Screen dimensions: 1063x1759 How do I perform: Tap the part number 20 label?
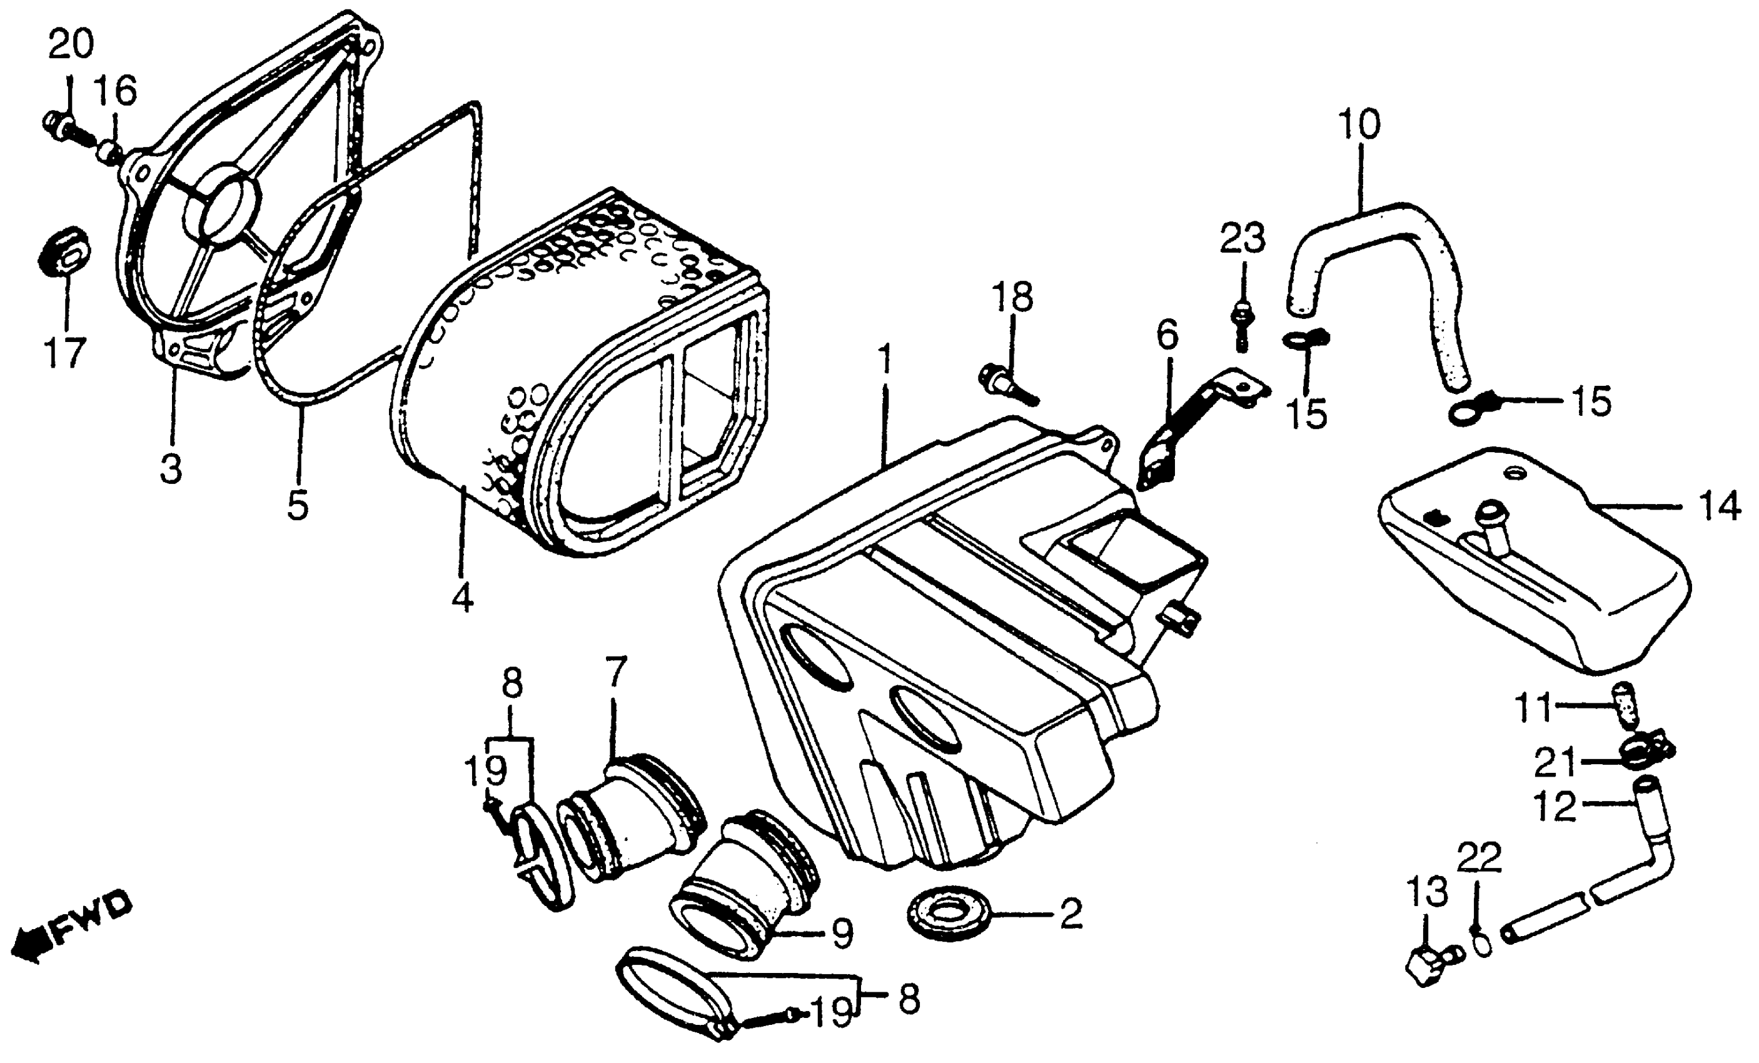coord(71,44)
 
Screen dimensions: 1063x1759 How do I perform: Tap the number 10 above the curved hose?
coord(1359,124)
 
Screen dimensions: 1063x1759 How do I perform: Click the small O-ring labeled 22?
coord(1482,945)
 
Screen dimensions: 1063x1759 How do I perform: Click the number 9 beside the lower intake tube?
coord(842,933)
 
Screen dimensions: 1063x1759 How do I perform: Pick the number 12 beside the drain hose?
coord(1554,807)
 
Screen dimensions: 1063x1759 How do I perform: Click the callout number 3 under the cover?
coord(171,469)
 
